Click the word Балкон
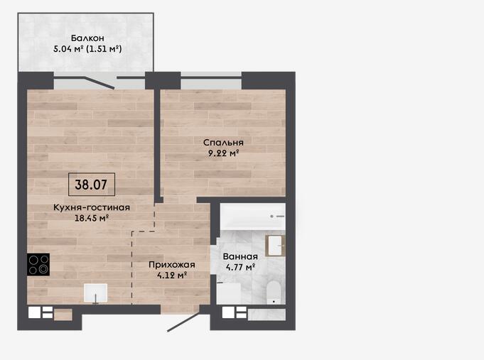click(87, 38)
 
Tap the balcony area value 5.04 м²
click(68, 49)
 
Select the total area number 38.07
click(91, 185)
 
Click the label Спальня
click(223, 143)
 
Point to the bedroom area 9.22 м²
click(224, 153)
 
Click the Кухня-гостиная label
click(92, 207)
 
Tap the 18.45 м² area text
click(92, 218)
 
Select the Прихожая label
click(172, 265)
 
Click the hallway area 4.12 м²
click(172, 276)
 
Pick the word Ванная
click(240, 256)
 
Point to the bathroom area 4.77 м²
click(240, 267)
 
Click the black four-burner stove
click(38, 264)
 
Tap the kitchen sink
click(96, 293)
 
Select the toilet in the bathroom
click(274, 293)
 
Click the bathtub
click(252, 217)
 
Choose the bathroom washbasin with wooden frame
click(275, 246)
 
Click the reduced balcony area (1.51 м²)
click(104, 49)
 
